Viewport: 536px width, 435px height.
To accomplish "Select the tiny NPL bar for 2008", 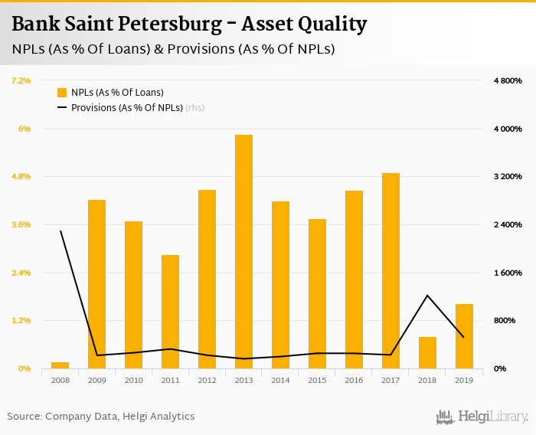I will (x=60, y=365).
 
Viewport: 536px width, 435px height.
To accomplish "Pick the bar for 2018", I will (x=427, y=352).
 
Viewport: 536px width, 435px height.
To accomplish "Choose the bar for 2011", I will (x=170, y=312).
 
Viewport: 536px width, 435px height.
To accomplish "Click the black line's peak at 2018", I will (x=427, y=296).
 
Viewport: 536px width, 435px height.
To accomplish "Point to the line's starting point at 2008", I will (x=60, y=231).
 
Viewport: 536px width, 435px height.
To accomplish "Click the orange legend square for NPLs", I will (x=62, y=92).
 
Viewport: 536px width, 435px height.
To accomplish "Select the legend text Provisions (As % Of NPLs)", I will (x=126, y=108).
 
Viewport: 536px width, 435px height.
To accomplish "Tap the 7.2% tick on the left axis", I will (x=21, y=80).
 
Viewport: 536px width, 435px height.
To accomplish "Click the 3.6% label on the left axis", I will (x=21, y=224).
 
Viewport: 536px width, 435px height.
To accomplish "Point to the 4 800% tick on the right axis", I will (x=507, y=80).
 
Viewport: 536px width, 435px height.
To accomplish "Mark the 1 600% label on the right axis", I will (x=507, y=273).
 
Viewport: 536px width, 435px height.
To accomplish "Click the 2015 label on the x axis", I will (x=317, y=380).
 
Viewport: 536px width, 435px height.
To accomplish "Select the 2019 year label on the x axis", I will (x=464, y=380).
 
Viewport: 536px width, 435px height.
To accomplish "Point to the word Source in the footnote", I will (x=24, y=417).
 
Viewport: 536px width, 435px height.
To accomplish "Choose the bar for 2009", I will (x=96, y=284).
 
